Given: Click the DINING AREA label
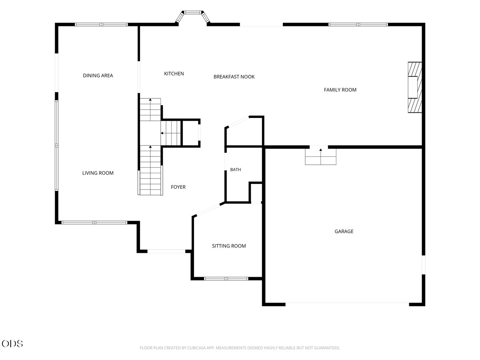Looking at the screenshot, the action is pos(98,76).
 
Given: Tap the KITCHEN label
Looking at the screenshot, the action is pos(174,74).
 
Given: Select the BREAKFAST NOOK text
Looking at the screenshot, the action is pos(234,77).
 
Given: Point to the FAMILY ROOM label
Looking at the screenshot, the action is pos(340,90).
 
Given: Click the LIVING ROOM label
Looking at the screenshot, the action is pos(98,173).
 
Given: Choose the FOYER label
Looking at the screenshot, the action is pos(178,187).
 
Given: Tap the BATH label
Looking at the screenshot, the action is pos(236,170).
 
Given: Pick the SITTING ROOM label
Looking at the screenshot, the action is pos(229,246).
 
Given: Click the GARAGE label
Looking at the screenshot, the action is pos(344,232).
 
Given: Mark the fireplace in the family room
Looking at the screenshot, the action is pos(415,88).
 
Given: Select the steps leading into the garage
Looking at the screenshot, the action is pos(320,156).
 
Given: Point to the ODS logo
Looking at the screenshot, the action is pos(12,343).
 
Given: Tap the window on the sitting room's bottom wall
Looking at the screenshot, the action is pos(226,279).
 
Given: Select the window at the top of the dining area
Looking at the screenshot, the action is pos(101,24).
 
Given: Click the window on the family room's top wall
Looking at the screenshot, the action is pos(358,24).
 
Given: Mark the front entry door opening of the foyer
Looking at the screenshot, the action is pos(166,251).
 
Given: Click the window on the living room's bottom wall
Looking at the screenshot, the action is pos(94,222).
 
